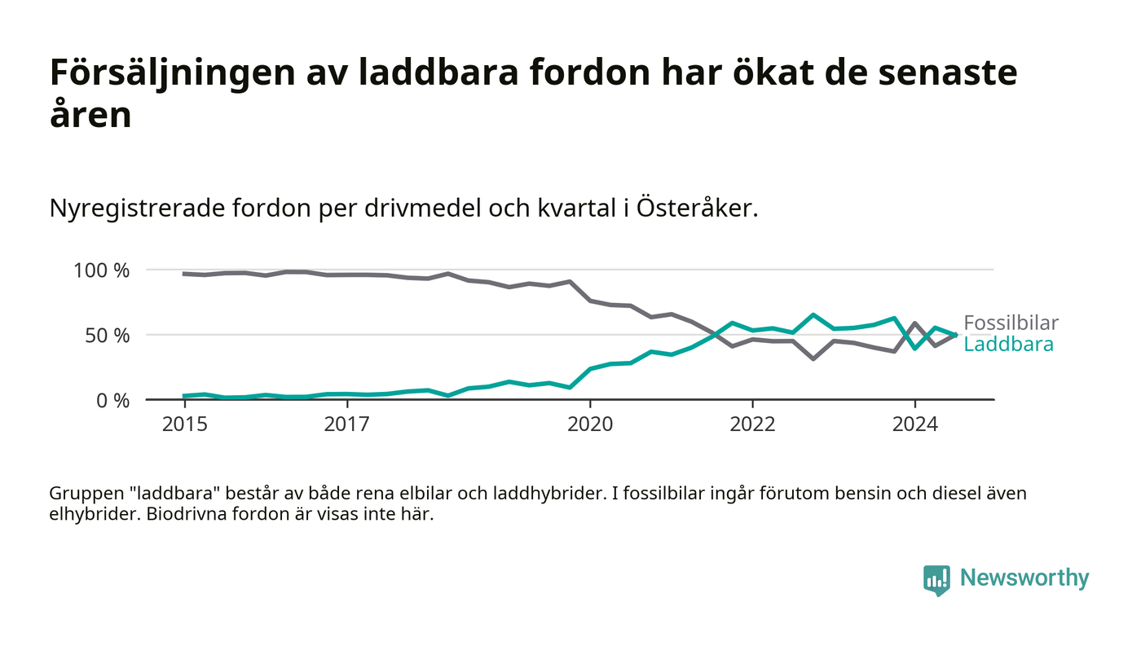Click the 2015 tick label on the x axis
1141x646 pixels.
(183, 424)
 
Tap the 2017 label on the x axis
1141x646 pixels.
(347, 424)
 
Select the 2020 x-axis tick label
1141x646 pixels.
(590, 424)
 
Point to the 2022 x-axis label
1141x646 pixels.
(752, 424)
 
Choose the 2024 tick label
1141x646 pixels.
(914, 424)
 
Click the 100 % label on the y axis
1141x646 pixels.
(102, 270)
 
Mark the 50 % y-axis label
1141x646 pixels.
(108, 336)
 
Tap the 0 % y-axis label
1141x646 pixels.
(114, 401)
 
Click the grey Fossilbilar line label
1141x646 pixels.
(1011, 323)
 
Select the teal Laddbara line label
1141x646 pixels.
(1008, 345)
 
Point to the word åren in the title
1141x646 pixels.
(90, 115)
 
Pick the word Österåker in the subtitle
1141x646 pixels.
(697, 209)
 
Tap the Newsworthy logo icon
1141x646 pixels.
(937, 579)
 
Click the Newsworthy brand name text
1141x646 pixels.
(1024, 578)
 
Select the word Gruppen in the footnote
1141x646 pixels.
(81, 494)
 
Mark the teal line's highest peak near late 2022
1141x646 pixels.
(813, 314)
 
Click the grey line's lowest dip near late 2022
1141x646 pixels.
(813, 358)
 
